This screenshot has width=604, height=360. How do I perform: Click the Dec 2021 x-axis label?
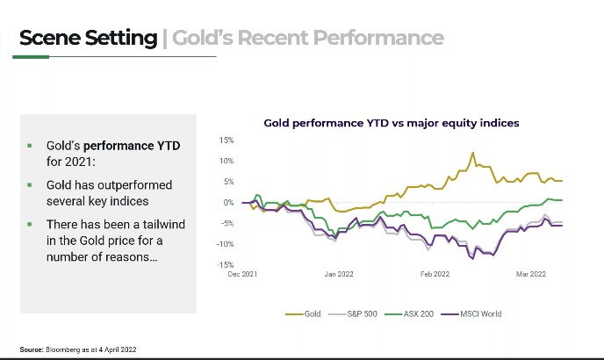[x=242, y=274]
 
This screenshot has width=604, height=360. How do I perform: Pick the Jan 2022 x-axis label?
[x=338, y=274]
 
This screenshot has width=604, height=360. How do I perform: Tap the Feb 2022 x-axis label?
[x=435, y=274]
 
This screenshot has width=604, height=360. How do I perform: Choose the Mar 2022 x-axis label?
[x=531, y=274]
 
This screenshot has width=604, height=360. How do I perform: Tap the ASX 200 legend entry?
[x=419, y=313]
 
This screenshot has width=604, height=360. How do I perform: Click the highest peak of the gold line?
[x=472, y=153]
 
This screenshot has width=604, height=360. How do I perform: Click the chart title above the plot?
[x=392, y=123]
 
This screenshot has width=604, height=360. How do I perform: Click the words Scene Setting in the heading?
[x=87, y=38]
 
